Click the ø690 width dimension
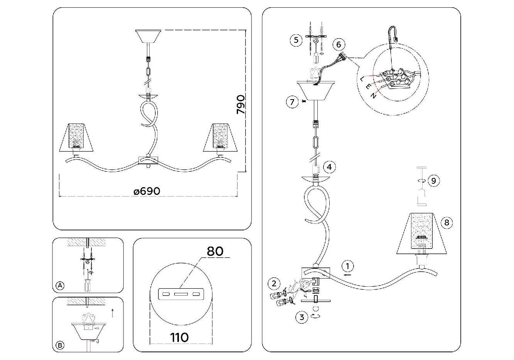coord(147,191)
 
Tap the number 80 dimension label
coord(215,251)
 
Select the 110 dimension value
coord(180,337)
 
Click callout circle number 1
coord(347,266)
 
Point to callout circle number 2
coord(274,284)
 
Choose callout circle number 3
coord(302,317)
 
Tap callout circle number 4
coord(329,167)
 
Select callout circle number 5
coord(296,40)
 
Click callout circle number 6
coord(339,44)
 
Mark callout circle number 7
coord(292,102)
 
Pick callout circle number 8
coord(447,222)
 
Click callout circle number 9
coord(434,181)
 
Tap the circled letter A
coord(59,286)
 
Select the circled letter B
coord(60,345)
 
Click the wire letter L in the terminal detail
coord(362,79)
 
